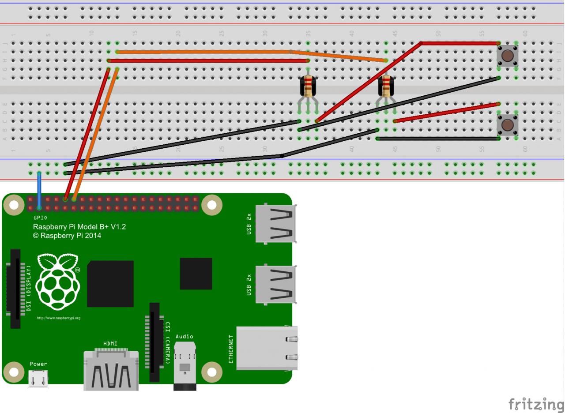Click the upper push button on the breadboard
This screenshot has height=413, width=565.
[507, 56]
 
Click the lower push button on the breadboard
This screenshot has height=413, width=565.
[507, 125]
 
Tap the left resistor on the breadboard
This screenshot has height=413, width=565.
[308, 86]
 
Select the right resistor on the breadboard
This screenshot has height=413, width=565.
[386, 86]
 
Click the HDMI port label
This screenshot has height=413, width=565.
[110, 344]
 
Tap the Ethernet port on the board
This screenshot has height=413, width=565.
[267, 348]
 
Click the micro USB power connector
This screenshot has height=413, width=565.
[38, 378]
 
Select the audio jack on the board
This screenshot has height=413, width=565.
[185, 366]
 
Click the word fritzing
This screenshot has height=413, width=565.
[535, 404]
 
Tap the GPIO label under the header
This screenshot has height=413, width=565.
[40, 218]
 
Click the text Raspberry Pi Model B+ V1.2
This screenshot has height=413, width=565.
[79, 227]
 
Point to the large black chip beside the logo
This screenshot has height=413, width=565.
[110, 284]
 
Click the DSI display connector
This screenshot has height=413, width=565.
[15, 289]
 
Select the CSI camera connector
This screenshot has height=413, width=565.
[154, 342]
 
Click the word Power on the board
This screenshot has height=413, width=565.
[38, 364]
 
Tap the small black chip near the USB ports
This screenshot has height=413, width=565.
[196, 274]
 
